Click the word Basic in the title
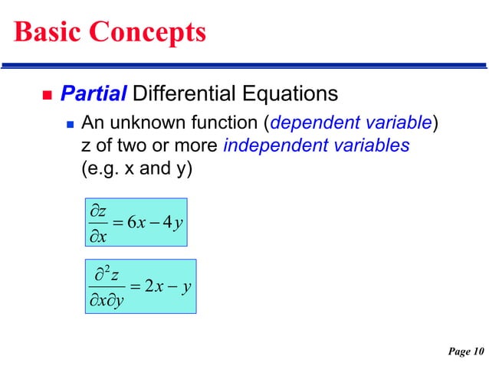click(47, 32)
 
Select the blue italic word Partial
click(94, 95)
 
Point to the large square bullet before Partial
click(44, 96)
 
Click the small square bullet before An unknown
click(70, 123)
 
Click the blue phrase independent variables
click(316, 145)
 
